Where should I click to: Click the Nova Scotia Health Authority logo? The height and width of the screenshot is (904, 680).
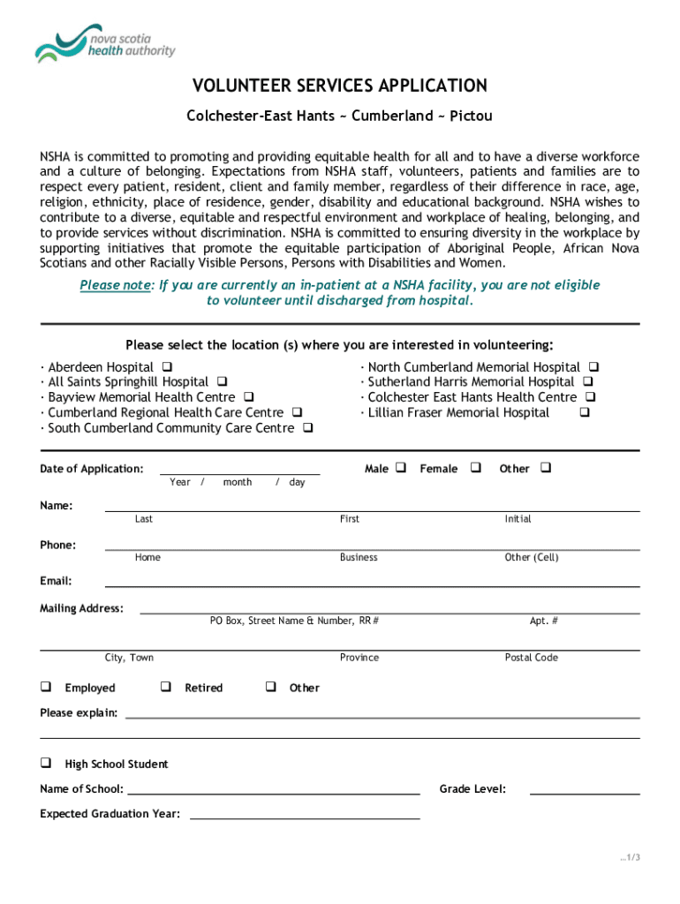pos(105,43)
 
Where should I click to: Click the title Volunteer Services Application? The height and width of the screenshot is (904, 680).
pos(340,86)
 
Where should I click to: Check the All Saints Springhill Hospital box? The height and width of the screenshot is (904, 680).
pos(222,382)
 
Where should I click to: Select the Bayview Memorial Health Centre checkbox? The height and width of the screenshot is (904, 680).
pos(249,397)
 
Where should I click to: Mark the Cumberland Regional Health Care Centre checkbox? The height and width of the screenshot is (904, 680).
pos(297,412)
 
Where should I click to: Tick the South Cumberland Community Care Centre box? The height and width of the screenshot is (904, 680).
pos(307,428)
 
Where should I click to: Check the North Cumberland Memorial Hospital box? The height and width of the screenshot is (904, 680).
pos(594,366)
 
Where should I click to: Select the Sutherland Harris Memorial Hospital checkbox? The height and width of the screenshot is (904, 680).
pos(588,382)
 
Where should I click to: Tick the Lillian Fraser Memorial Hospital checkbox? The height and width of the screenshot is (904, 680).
pos(585,412)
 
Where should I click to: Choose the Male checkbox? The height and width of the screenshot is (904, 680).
pos(400,467)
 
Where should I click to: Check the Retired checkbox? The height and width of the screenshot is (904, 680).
pos(165,686)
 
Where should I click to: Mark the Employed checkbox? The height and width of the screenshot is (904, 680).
pos(45,686)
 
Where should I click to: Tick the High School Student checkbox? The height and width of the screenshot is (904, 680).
pos(45,762)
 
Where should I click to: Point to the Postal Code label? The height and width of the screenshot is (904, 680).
pos(531,658)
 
